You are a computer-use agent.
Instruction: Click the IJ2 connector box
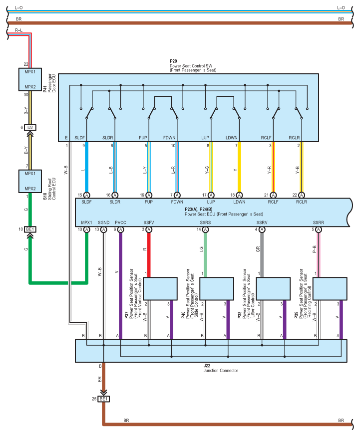(x=30, y=128)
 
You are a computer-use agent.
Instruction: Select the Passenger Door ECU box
(x=30, y=79)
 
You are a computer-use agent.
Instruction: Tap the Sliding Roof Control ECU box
(x=30, y=181)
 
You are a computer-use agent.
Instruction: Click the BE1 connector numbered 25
(x=103, y=399)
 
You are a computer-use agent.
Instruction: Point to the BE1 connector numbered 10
(x=30, y=229)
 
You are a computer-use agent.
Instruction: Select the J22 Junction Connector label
(x=221, y=368)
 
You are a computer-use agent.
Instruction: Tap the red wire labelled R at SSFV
(x=149, y=255)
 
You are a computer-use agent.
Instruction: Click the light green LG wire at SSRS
(x=205, y=255)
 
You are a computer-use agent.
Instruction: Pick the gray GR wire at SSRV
(x=262, y=255)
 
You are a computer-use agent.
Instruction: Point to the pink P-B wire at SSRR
(x=319, y=255)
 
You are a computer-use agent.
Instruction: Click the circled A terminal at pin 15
(x=86, y=195)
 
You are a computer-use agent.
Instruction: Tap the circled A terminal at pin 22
(x=302, y=195)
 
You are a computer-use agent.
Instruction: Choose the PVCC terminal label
(x=120, y=222)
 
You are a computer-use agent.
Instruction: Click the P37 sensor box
(x=160, y=289)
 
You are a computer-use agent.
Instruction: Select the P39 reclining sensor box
(x=330, y=289)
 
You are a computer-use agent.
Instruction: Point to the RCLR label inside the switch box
(x=294, y=138)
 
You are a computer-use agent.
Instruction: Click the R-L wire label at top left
(x=18, y=30)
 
